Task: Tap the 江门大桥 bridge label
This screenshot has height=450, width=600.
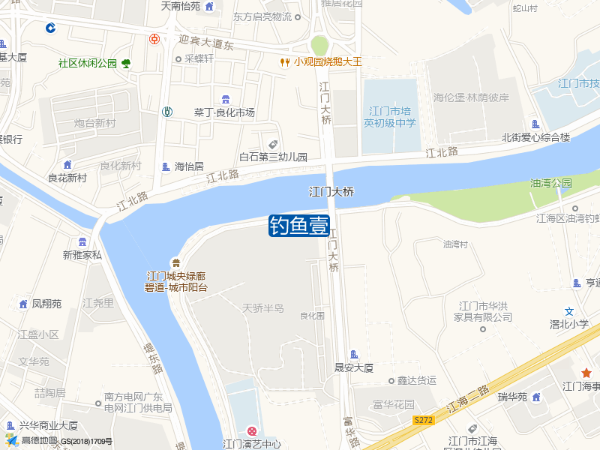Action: (331, 192)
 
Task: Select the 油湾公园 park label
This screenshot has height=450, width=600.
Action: (550, 183)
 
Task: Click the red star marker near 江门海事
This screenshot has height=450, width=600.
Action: (586, 373)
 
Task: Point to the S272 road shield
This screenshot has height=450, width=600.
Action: (423, 421)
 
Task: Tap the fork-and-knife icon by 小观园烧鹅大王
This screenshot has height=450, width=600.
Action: (285, 62)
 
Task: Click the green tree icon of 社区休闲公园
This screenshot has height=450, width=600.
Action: (126, 64)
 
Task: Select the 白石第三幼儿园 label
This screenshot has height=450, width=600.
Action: (273, 157)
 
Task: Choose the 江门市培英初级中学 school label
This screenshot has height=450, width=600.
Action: (389, 117)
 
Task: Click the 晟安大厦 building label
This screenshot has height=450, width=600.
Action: (354, 368)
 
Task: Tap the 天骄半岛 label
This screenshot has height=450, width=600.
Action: (263, 308)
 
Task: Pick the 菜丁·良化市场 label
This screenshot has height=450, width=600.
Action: (224, 112)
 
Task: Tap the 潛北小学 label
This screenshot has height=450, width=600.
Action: (569, 324)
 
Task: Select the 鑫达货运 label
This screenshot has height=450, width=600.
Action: (416, 380)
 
